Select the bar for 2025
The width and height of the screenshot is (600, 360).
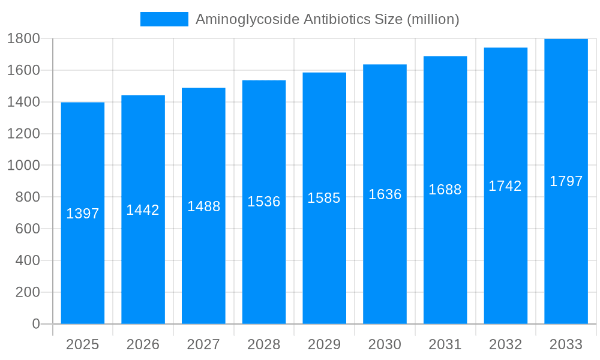(x=83, y=270)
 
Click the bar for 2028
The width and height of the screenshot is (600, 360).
(x=264, y=264)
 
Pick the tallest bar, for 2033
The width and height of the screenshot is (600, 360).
(x=566, y=252)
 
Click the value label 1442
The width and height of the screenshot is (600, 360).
(x=143, y=210)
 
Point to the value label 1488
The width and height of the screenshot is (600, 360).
(x=204, y=206)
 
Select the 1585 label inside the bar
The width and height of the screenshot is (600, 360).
(x=324, y=198)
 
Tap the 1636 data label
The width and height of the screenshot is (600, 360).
(x=385, y=194)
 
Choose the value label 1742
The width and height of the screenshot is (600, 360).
(x=505, y=186)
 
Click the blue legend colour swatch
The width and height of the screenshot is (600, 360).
(x=164, y=19)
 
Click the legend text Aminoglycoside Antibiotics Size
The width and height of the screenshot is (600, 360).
(x=327, y=19)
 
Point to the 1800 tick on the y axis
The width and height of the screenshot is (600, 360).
(x=23, y=39)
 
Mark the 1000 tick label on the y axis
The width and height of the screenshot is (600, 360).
(x=23, y=166)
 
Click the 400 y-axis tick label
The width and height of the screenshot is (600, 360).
(x=28, y=260)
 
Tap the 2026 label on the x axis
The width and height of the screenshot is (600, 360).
(x=143, y=344)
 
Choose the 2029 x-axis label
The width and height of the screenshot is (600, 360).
(x=324, y=344)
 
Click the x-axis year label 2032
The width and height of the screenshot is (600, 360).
(x=505, y=344)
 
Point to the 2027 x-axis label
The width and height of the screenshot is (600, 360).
(x=203, y=344)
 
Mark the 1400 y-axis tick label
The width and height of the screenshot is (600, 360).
(x=23, y=102)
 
